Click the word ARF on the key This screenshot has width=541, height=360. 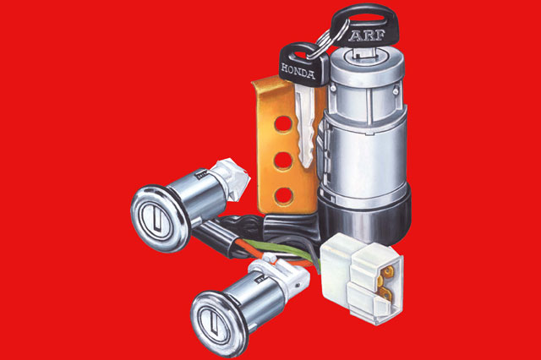pos(367,35)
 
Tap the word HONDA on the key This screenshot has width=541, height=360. pos(298,70)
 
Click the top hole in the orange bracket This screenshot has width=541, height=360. pos(283,123)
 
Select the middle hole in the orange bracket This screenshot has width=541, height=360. pos(284,160)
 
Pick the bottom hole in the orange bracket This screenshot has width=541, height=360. pos(284,195)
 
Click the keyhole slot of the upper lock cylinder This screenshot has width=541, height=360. pos(158,218)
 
